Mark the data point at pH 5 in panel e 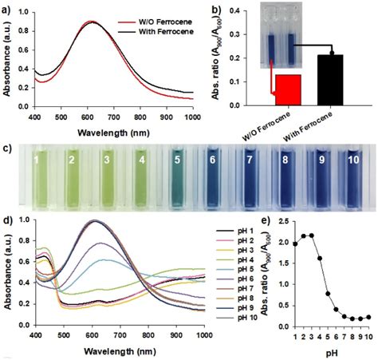coord(328,294)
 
